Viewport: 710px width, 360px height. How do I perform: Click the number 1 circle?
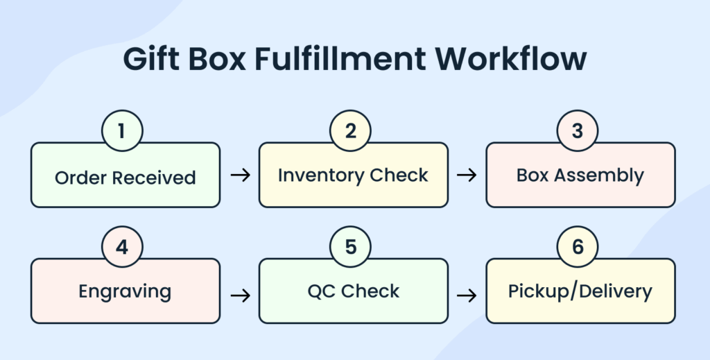point(122,131)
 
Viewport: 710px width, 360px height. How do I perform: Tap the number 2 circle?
point(351,131)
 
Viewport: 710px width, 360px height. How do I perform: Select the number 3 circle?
point(578,131)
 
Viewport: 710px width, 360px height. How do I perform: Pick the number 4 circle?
point(122,248)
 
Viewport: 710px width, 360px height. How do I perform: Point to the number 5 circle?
point(351,248)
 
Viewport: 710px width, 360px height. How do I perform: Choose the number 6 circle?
point(578,248)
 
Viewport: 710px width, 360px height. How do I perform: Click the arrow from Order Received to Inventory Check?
point(240,175)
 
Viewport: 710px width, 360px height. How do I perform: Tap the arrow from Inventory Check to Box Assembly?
point(467,175)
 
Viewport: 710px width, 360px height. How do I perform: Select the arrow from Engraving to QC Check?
point(240,295)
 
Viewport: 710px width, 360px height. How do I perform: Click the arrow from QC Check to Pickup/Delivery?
point(467,295)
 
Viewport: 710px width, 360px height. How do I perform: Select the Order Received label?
point(125,178)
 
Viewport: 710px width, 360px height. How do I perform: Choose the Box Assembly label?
point(580,175)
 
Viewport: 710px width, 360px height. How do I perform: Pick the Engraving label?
point(125,292)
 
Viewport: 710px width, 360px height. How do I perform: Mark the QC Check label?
point(354,291)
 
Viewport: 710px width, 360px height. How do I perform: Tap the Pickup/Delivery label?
point(580,291)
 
